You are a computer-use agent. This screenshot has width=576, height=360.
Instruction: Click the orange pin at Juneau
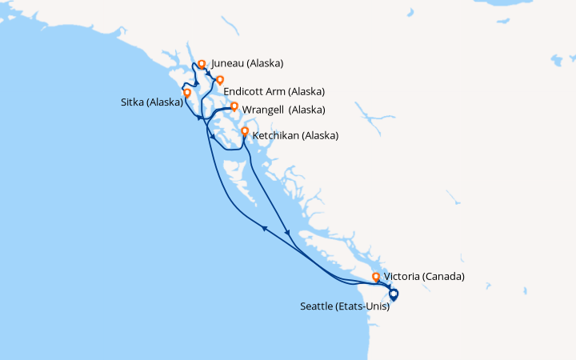(202, 64)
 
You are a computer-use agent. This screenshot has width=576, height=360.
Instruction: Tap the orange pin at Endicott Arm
(220, 79)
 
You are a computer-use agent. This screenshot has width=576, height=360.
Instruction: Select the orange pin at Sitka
(187, 93)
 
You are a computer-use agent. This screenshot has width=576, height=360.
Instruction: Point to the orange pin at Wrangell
(234, 106)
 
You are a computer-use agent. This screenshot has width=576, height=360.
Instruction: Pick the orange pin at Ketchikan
(245, 131)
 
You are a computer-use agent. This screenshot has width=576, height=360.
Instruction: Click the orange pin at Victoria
(376, 278)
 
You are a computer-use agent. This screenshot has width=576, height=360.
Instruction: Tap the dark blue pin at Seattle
(393, 294)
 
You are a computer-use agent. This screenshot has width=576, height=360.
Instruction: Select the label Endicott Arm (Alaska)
(274, 92)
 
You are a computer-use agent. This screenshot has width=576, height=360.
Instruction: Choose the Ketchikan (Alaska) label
(295, 136)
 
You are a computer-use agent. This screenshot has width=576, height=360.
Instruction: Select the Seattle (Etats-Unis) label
(345, 306)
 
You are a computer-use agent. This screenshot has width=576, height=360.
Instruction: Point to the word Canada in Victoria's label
(445, 277)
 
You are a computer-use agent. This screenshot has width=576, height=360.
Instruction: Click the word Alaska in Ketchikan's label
(318, 136)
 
